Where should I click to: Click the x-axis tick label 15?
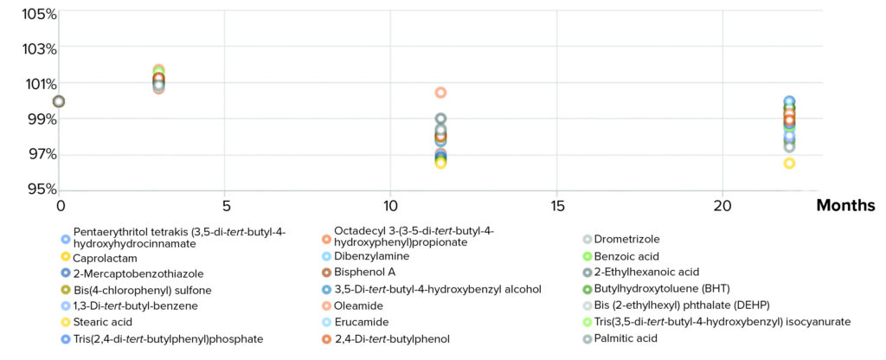556,206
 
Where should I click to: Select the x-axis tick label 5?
225,206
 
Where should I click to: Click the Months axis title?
845,206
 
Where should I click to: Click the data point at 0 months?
59,101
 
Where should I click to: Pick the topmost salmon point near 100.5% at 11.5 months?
440,93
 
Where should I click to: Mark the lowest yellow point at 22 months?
789,163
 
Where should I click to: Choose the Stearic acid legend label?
103,322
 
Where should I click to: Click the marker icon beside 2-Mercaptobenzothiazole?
65,273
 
